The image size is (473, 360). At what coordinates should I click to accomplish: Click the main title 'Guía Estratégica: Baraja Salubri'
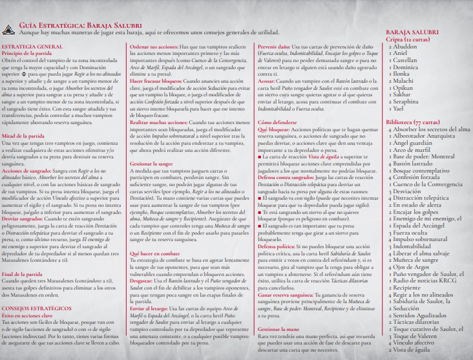point(80,23)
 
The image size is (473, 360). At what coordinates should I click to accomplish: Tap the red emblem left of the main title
point(10,28)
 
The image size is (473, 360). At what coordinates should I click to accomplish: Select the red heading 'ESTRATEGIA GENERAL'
point(28,47)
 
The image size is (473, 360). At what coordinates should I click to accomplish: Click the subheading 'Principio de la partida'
point(29,54)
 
